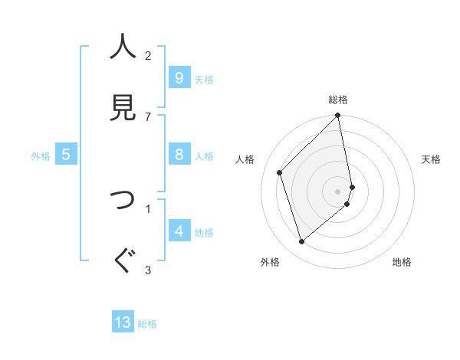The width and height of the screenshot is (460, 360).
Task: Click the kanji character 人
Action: click(122, 47)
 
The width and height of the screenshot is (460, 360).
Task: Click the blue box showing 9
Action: click(179, 78)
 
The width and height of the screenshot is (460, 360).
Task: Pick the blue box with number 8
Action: click(179, 155)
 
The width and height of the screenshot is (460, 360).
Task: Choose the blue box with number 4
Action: click(179, 231)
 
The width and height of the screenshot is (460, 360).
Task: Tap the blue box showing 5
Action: click(66, 155)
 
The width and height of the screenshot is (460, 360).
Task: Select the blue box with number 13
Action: click(123, 323)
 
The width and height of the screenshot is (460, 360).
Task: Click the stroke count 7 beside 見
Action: click(148, 116)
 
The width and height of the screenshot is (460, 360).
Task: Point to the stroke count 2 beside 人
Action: click(148, 56)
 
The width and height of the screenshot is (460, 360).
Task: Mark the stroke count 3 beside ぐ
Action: click(148, 269)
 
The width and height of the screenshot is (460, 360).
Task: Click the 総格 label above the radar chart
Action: click(338, 100)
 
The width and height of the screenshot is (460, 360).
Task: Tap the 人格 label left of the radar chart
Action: click(245, 159)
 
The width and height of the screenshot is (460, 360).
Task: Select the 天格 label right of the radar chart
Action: click(431, 159)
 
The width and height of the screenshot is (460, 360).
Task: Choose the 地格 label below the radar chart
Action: click(402, 262)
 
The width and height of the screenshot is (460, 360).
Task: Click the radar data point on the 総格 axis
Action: click(338, 116)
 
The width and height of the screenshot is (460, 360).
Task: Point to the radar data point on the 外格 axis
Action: click(301, 242)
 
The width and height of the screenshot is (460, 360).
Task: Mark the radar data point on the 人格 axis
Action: click(280, 172)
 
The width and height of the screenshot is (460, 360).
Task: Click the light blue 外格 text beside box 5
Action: click(41, 155)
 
